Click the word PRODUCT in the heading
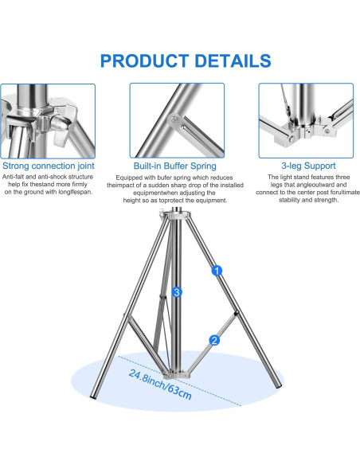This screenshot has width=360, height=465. pyautogui.click(x=144, y=61)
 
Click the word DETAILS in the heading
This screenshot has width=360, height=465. pyautogui.click(x=233, y=61)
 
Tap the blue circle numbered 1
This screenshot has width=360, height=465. pyautogui.click(x=217, y=271)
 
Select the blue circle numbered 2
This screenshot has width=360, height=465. pyautogui.click(x=214, y=340)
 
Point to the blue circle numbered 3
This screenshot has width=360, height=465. pyautogui.click(x=177, y=292)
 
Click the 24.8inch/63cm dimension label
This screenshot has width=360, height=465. pyautogui.click(x=160, y=385)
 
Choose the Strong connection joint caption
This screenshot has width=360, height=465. pyautogui.click(x=49, y=166)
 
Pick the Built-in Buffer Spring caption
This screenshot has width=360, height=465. pyautogui.click(x=175, y=166)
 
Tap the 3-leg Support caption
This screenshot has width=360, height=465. pyautogui.click(x=308, y=166)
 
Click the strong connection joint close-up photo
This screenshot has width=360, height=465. pyautogui.click(x=48, y=121)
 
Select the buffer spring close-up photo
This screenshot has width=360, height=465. pyautogui.click(x=177, y=120)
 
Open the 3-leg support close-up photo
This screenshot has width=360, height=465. pyautogui.click(x=306, y=120)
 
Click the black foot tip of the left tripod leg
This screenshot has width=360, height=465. pyautogui.click(x=93, y=397)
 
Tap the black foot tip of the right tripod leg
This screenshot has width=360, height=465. pyautogui.click(x=279, y=386)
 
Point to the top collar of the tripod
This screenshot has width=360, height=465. pyautogui.click(x=177, y=215)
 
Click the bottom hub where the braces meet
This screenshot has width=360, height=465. pyautogui.click(x=177, y=374)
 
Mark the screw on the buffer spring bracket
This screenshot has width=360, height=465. pyautogui.click(x=174, y=119)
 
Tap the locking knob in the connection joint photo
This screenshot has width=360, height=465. pyautogui.click(x=62, y=124)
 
